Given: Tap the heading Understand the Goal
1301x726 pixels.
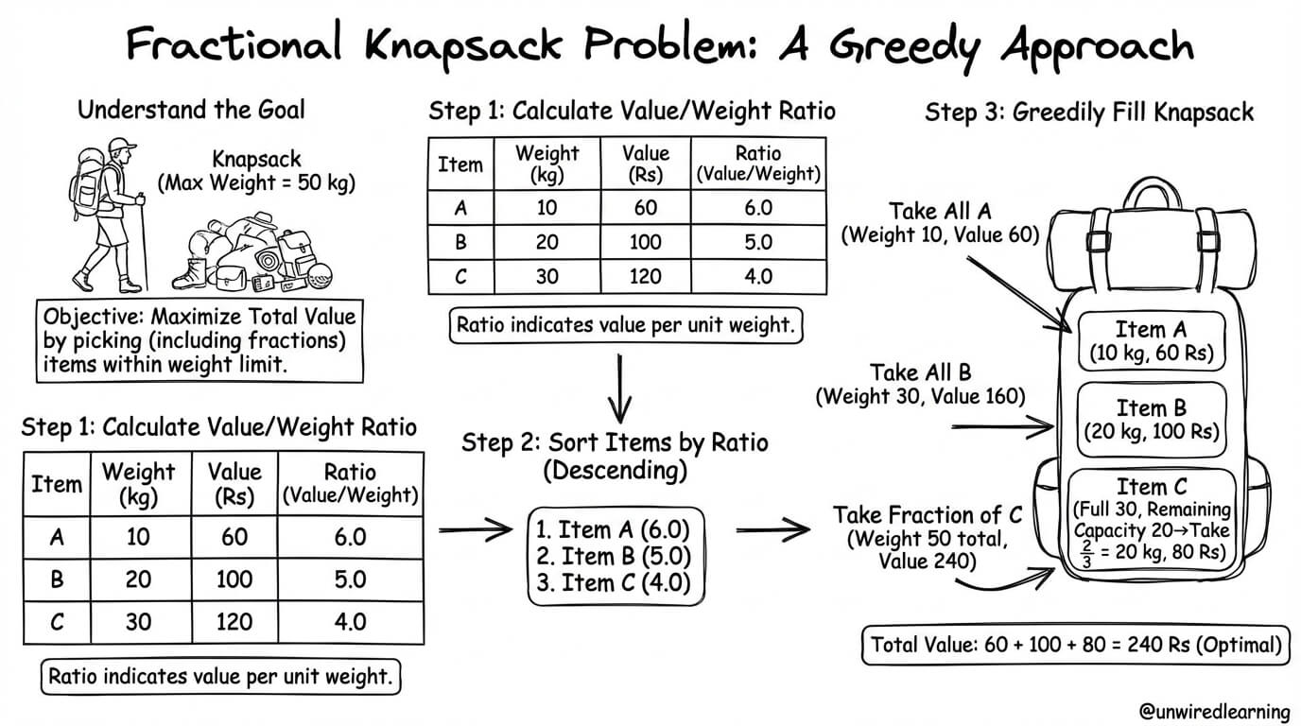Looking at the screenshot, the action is pyautogui.click(x=191, y=110).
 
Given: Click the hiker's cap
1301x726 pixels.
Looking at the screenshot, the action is pyautogui.click(x=121, y=146).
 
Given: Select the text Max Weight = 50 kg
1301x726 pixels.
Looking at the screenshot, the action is pyautogui.click(x=256, y=183).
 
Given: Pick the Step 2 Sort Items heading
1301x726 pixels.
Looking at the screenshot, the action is pyautogui.click(x=616, y=457).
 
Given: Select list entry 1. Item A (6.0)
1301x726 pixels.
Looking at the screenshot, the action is pyautogui.click(x=613, y=529).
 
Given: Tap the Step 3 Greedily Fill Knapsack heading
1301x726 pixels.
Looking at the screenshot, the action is pyautogui.click(x=1089, y=112).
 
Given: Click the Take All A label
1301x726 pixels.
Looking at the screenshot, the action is pyautogui.click(x=940, y=211).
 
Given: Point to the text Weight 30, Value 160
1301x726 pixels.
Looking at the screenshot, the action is pyautogui.click(x=921, y=397).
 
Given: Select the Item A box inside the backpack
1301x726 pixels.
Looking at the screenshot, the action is pyautogui.click(x=1152, y=341).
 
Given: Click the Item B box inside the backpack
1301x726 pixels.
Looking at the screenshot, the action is pyautogui.click(x=1152, y=420).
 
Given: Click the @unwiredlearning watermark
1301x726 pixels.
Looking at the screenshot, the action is pyautogui.click(x=1214, y=711).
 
